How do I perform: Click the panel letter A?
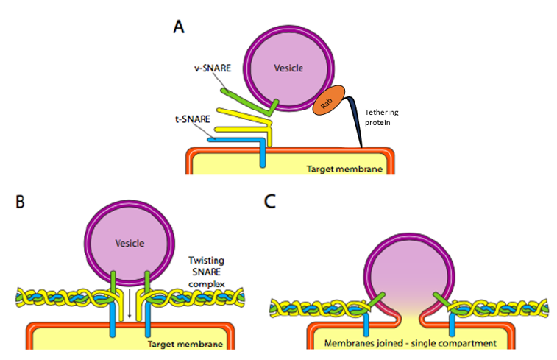point(179,27)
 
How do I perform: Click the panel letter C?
point(270,201)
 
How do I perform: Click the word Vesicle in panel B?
point(130,243)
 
